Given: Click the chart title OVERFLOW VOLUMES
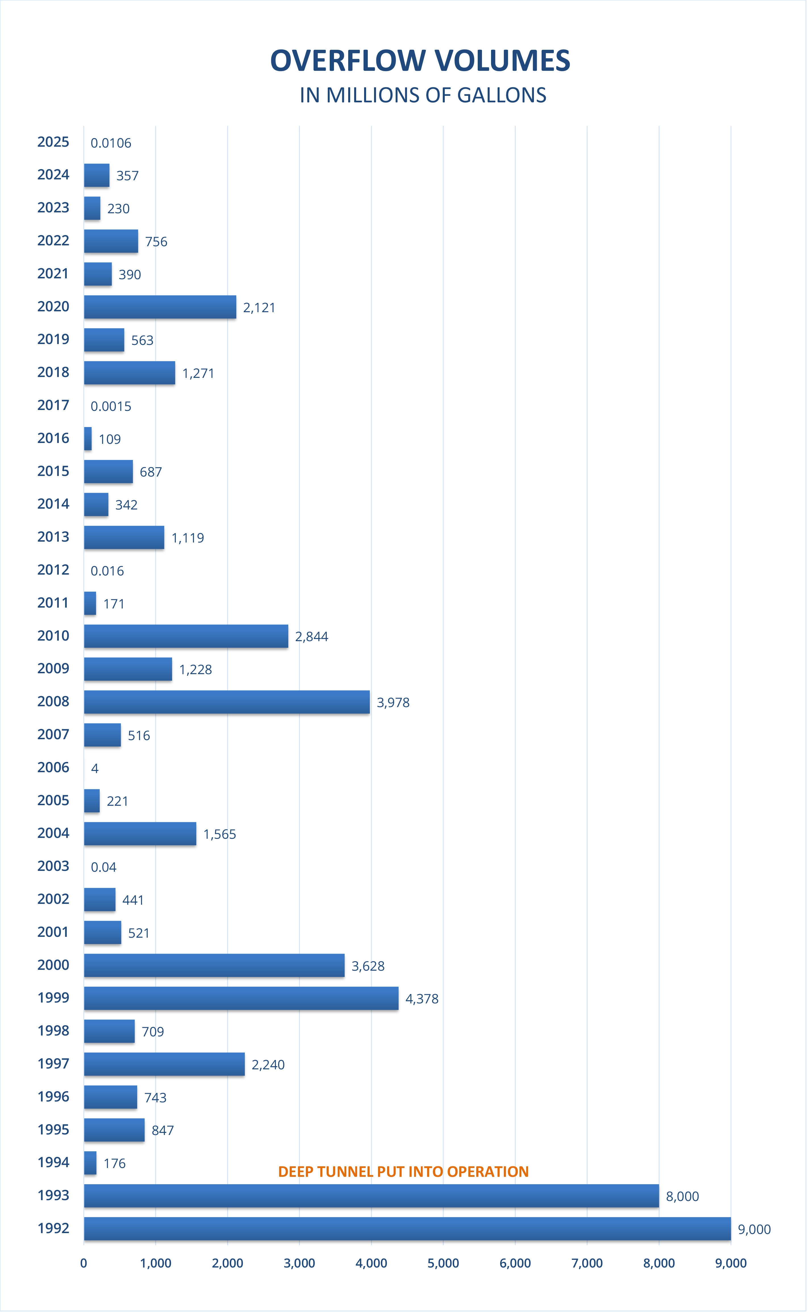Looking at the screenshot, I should (x=420, y=61).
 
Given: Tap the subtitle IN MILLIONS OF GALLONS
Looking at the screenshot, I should (x=423, y=95).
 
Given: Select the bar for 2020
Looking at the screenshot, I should (x=160, y=307).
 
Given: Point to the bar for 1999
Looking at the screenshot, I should (x=241, y=999).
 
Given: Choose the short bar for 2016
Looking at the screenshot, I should (x=88, y=438).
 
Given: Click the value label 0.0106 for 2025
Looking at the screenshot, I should (x=110, y=143).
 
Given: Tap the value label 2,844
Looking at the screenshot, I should (x=312, y=636).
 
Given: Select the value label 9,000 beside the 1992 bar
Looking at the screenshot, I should (x=754, y=1230).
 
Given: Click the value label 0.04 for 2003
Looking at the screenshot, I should (x=103, y=867).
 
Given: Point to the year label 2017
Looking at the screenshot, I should (x=53, y=405).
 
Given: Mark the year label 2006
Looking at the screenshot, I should (x=53, y=767).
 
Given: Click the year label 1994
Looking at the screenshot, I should (x=53, y=1163).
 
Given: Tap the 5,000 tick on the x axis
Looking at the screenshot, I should (x=443, y=1263).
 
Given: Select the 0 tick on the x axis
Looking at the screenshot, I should (x=83, y=1263).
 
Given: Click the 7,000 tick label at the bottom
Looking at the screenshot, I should (x=587, y=1263).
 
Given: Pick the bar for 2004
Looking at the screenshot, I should (x=140, y=834).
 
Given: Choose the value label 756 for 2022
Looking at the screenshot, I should (x=156, y=242).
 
